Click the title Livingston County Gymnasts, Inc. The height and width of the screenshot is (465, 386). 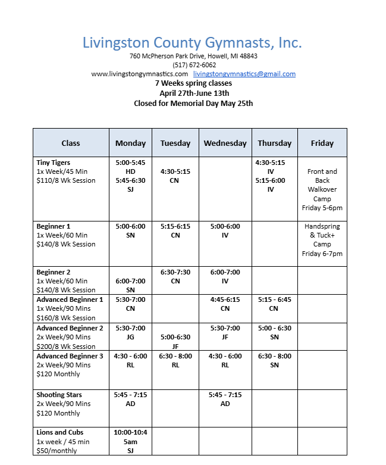[x=192, y=43]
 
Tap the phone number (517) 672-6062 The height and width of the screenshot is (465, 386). [x=194, y=65]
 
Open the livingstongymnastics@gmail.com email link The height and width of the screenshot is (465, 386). [x=244, y=74]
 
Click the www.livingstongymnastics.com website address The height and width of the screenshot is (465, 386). [x=136, y=74]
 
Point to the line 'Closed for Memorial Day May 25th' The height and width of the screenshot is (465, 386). [x=193, y=103]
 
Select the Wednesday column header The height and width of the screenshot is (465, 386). [x=225, y=143]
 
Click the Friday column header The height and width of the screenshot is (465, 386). [x=322, y=143]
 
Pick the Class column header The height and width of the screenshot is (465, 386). [x=71, y=143]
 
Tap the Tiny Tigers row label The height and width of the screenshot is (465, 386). [x=54, y=163]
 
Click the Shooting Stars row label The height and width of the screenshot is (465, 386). [x=59, y=395]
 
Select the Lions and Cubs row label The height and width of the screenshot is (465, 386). [x=60, y=432]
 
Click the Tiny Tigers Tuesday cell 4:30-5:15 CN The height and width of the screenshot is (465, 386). [x=175, y=176]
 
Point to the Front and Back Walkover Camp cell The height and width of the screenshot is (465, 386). [x=322, y=189]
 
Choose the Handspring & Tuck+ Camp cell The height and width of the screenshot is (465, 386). [x=322, y=240]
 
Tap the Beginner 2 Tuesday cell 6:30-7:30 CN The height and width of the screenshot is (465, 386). [x=175, y=276]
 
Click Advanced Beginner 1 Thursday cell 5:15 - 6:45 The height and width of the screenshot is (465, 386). [x=274, y=304]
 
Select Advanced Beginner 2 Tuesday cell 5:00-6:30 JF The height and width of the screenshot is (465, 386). [x=175, y=341]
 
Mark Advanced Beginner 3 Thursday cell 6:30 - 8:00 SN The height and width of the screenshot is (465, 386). [x=274, y=360]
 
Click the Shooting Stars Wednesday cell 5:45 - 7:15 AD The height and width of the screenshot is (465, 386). [x=225, y=399]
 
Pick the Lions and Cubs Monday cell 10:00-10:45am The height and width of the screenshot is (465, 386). [x=130, y=441]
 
